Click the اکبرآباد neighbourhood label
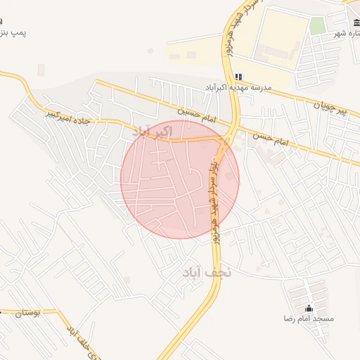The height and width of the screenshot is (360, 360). [x=152, y=131]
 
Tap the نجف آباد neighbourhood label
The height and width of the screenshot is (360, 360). [x=207, y=272]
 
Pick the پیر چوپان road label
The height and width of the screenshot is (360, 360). [x=330, y=108]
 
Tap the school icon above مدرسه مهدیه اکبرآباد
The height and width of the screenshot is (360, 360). [x=238, y=77]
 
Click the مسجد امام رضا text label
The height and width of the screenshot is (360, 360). [x=308, y=319]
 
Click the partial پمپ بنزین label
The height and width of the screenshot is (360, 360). [x=13, y=34]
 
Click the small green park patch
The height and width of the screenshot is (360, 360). [x=318, y=26]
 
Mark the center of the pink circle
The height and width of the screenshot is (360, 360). [x=180, y=179]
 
